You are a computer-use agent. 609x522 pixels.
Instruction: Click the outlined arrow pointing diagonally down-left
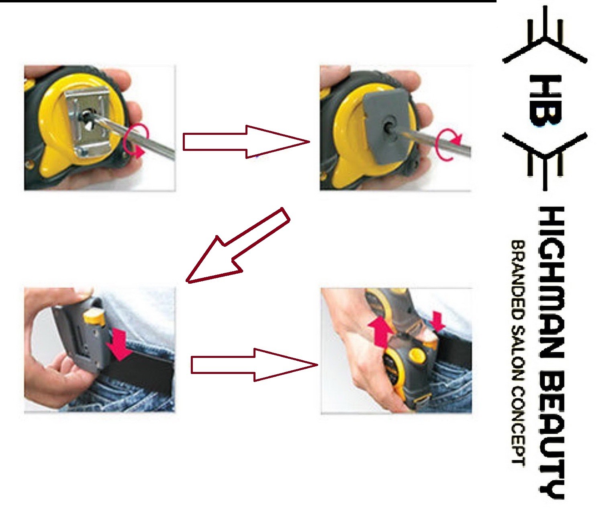[237, 245]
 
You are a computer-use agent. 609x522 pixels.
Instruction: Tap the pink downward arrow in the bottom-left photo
[119, 343]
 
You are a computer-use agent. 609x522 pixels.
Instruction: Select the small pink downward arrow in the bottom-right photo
[437, 321]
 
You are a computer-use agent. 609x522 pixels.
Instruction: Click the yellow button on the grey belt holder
[93, 317]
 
